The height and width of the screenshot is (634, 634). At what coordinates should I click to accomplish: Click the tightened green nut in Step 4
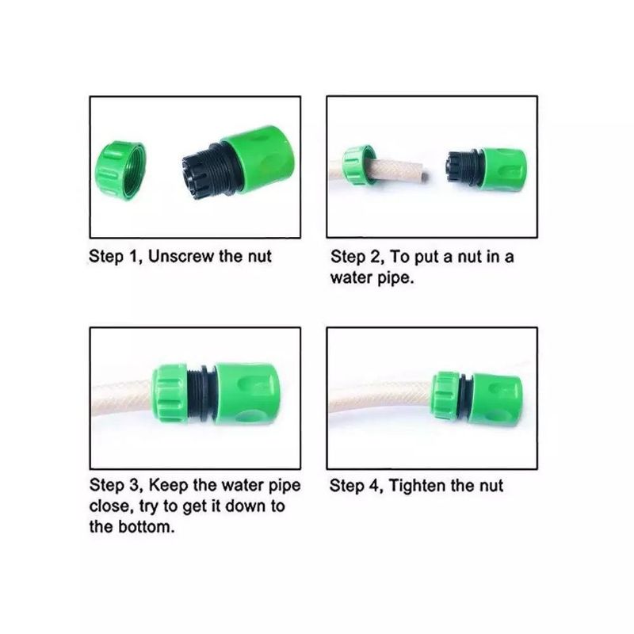click(x=445, y=395)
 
